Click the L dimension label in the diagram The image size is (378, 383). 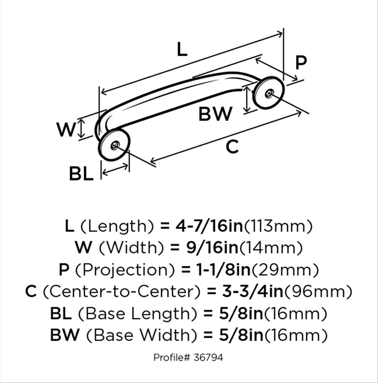(182, 50)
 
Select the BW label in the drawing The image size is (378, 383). (215, 114)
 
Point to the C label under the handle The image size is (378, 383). (232, 147)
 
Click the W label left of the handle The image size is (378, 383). (67, 130)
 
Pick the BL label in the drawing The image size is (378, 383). (81, 174)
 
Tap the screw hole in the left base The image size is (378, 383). (115, 144)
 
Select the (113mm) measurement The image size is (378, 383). (278, 226)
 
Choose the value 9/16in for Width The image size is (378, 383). (212, 247)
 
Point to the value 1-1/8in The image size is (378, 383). (218, 269)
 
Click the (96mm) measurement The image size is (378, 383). (318, 291)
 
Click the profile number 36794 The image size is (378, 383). (208, 358)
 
